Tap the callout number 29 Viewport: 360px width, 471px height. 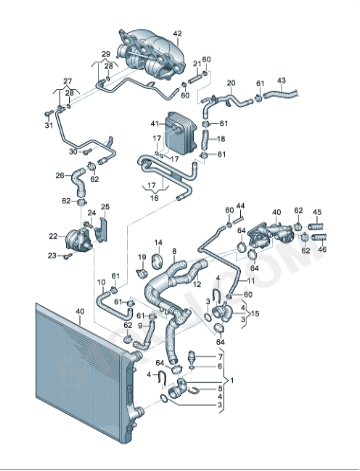(x=105, y=53)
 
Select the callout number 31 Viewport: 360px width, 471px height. (x=48, y=125)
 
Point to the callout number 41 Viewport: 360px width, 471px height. (x=155, y=123)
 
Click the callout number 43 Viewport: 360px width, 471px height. (x=281, y=80)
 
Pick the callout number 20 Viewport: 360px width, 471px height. (x=231, y=83)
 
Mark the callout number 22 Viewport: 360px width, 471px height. (x=54, y=236)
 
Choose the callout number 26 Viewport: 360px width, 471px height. (x=60, y=175)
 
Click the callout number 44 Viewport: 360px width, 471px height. (x=240, y=205)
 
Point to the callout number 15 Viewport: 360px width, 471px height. (x=255, y=314)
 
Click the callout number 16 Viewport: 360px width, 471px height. (x=154, y=198)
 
